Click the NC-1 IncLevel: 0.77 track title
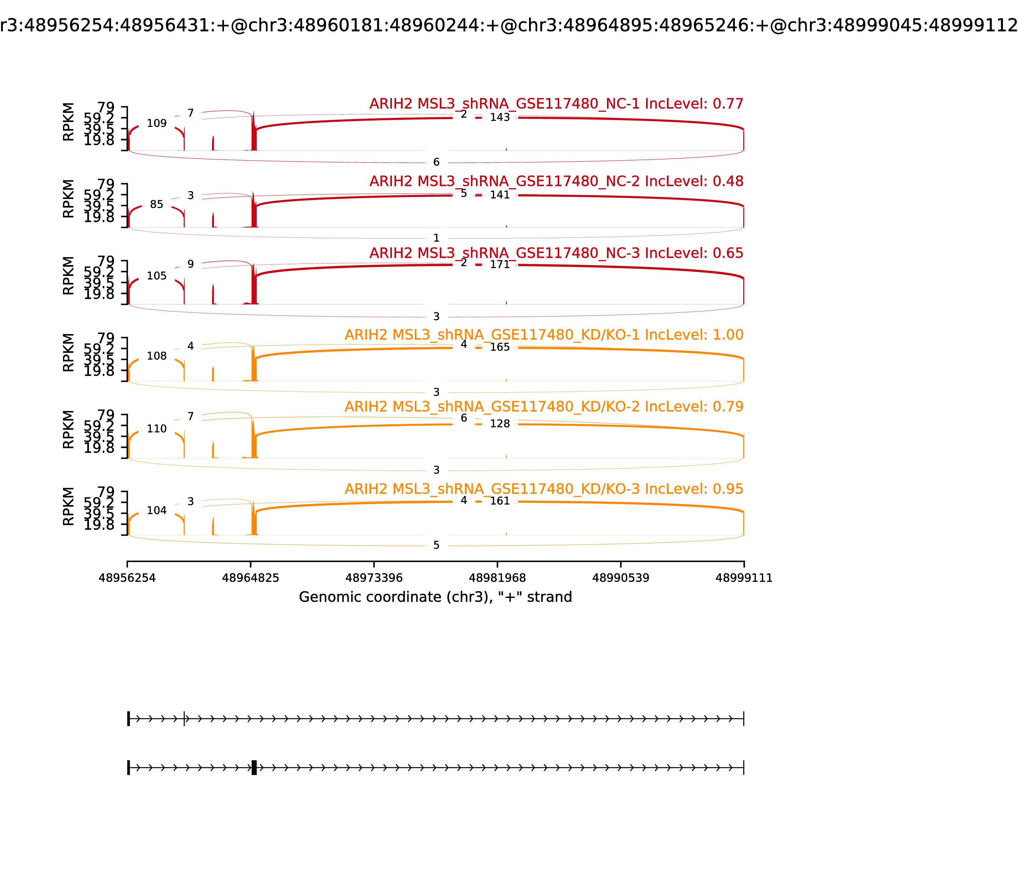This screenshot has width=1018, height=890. (x=556, y=104)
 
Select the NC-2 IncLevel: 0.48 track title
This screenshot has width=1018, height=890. (x=556, y=181)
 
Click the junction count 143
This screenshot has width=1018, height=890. (x=499, y=117)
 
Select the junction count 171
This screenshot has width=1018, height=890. (x=499, y=264)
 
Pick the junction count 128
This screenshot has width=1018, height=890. (x=499, y=424)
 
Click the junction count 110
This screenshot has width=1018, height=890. (x=157, y=428)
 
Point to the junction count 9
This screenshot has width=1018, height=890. (x=190, y=264)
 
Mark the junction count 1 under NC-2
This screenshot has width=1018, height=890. (x=436, y=238)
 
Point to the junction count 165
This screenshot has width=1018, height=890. (x=499, y=347)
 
